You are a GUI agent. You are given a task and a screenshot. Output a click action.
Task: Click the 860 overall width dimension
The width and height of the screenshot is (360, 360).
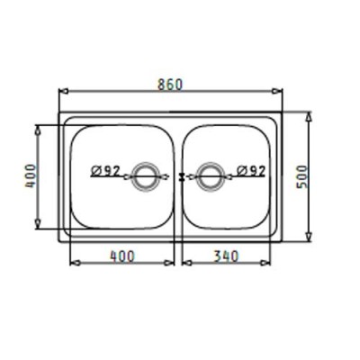[170, 85]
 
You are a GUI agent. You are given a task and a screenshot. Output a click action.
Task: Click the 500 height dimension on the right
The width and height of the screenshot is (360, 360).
[302, 176]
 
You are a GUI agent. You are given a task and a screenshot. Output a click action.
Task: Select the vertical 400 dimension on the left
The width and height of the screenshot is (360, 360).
[30, 176]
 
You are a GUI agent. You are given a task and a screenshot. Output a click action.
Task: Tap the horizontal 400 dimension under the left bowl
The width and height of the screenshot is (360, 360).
[122, 256]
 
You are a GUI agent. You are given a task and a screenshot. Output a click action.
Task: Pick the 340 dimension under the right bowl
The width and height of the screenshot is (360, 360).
[226, 256]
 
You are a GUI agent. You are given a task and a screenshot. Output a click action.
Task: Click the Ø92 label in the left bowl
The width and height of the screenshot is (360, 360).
[105, 171]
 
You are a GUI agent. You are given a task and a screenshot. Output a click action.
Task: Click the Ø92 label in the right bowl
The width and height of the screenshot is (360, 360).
[251, 171]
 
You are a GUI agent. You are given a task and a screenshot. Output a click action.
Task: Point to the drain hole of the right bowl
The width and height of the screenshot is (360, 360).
[210, 176]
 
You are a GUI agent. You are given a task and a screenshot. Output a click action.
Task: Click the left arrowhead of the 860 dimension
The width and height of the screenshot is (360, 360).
[63, 91]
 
